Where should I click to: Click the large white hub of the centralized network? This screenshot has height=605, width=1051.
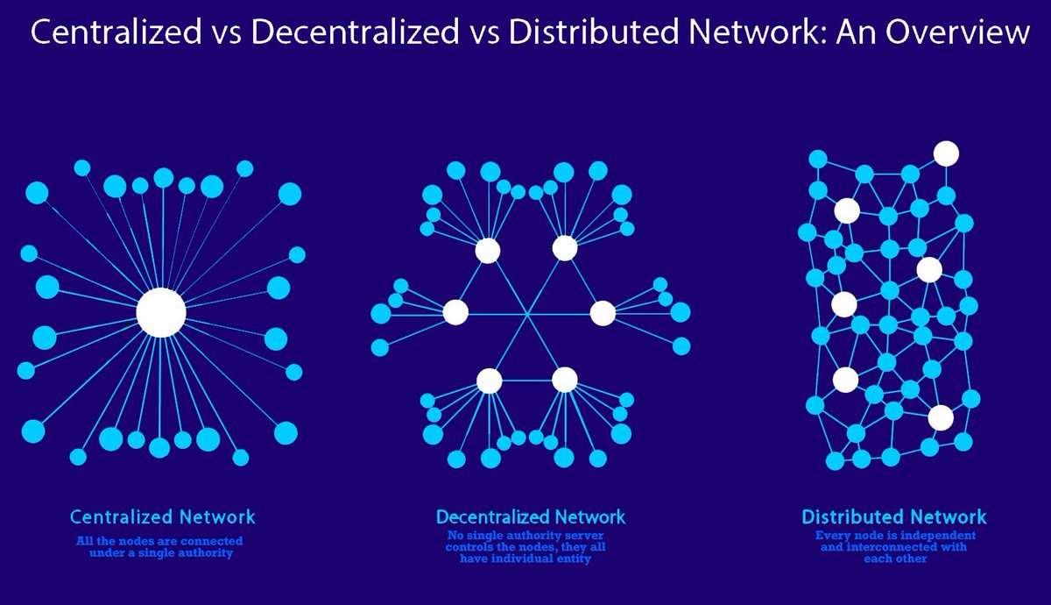click(x=161, y=312)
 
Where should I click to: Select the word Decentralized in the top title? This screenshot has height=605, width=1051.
click(x=338, y=33)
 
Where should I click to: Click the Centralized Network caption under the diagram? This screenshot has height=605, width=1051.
click(x=163, y=516)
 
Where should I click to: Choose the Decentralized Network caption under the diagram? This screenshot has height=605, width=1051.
click(x=531, y=516)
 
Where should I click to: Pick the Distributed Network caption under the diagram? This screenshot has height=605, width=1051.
click(x=893, y=516)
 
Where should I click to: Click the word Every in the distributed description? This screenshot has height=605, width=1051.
click(x=832, y=536)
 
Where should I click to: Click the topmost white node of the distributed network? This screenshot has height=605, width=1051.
click(x=945, y=153)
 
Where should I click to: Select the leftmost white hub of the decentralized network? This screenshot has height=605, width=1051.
click(x=455, y=311)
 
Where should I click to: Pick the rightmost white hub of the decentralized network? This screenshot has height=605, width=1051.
click(x=603, y=312)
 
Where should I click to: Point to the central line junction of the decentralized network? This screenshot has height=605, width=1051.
click(x=527, y=313)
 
